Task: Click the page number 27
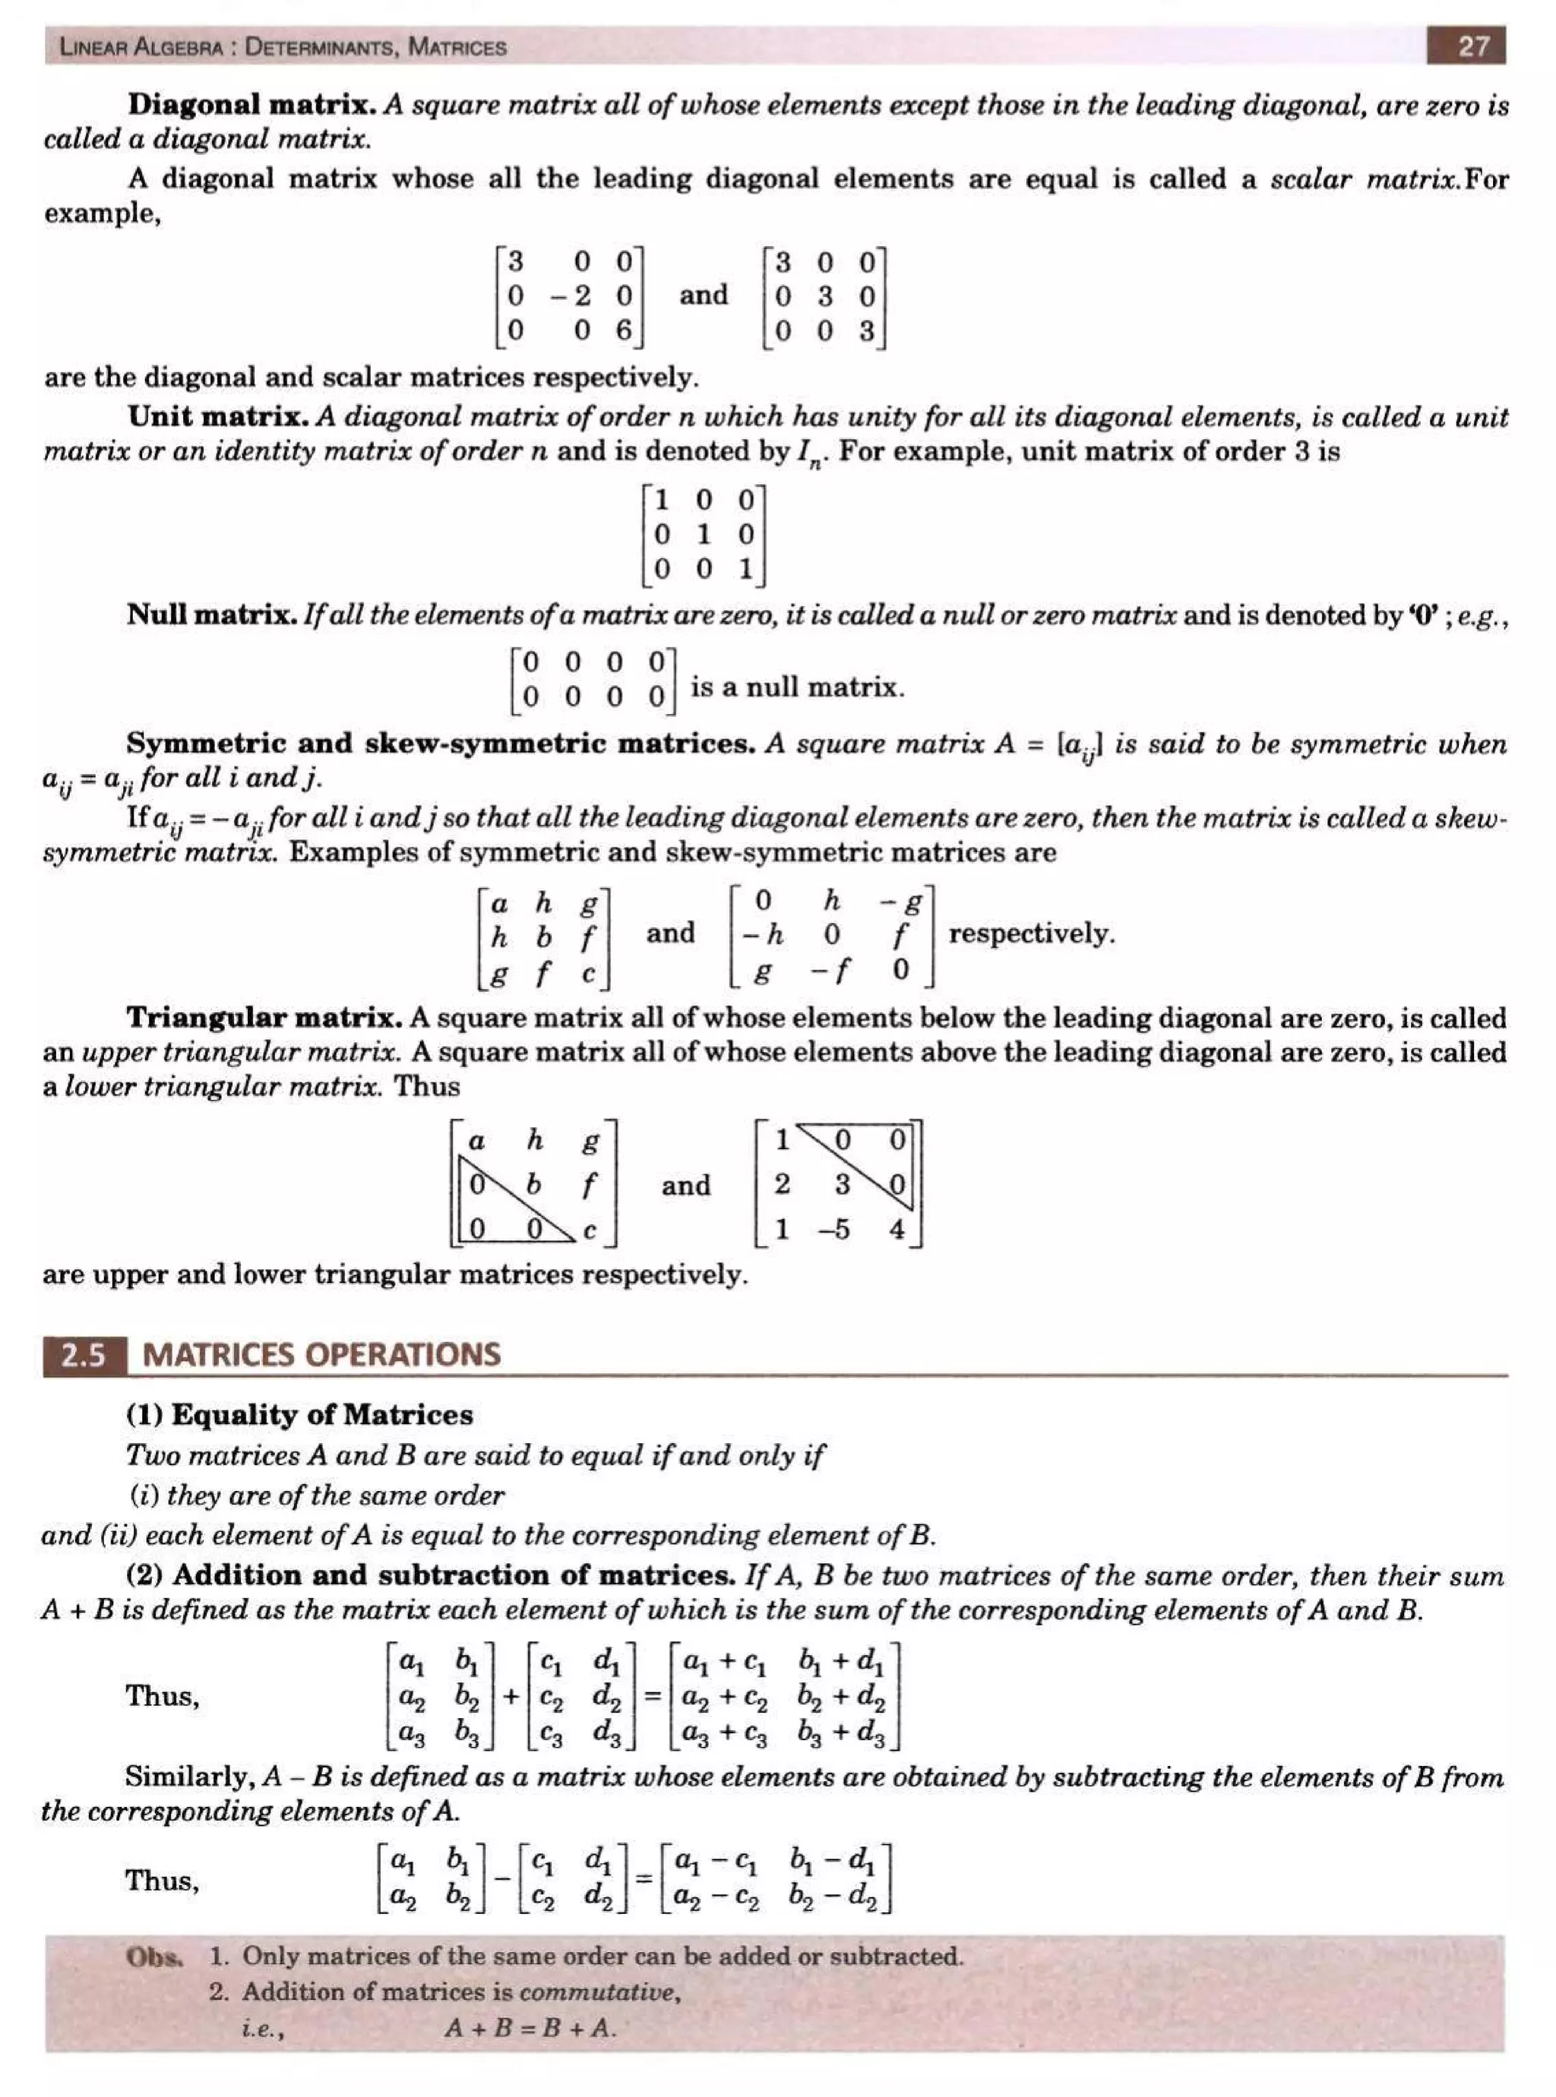1473,46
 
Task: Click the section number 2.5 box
84,1355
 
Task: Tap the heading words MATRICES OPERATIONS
321,1355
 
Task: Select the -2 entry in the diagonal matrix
573,295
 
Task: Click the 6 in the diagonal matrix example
624,330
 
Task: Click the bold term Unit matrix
219,416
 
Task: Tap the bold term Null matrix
212,615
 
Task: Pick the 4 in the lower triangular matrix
897,1230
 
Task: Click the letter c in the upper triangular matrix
590,1230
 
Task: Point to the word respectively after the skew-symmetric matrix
1031,934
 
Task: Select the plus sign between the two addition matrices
511,1697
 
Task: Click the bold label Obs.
153,1956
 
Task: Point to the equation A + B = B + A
530,2027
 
